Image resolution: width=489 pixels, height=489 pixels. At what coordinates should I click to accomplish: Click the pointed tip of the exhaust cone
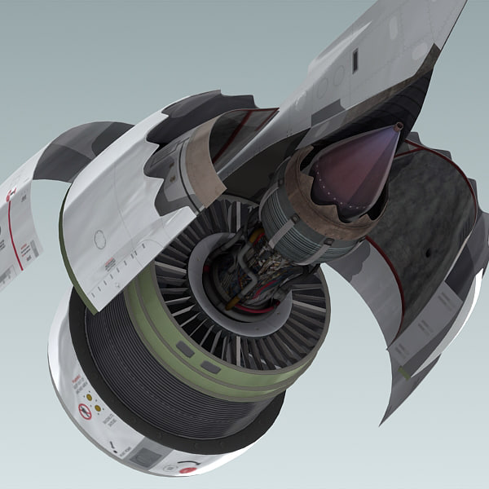click(399, 126)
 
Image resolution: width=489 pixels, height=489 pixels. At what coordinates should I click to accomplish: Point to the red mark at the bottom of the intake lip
click(188, 469)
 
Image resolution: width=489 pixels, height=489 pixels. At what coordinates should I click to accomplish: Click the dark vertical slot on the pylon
click(355, 60)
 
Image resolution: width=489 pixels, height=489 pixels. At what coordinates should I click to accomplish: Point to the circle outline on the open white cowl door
click(99, 239)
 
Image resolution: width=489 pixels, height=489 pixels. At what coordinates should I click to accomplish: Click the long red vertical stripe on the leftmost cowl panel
click(14, 236)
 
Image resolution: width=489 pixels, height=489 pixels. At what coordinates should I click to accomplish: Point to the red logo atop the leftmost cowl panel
click(11, 195)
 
